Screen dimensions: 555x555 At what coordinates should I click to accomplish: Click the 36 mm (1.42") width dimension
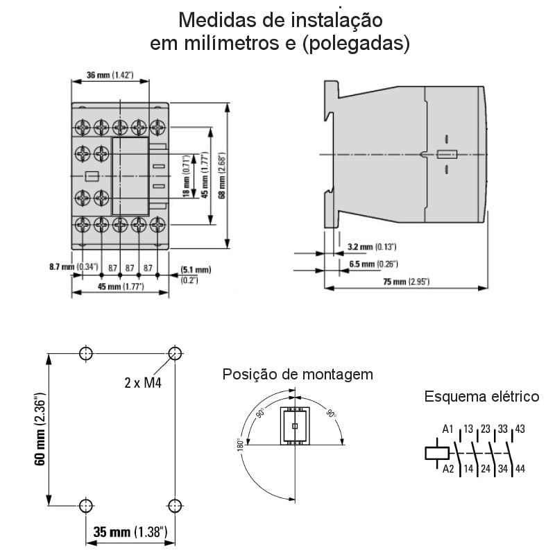110,74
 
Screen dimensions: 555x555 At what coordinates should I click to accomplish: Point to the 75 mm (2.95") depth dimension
405,282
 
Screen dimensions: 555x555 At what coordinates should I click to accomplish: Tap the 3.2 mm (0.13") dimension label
371,246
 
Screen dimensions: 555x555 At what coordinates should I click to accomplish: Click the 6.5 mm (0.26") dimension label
373,264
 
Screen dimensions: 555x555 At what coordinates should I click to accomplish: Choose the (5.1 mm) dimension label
195,269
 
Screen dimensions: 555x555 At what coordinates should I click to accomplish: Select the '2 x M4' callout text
144,382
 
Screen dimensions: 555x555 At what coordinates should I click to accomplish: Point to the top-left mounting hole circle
85,353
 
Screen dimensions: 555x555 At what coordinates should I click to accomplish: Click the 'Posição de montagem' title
297,375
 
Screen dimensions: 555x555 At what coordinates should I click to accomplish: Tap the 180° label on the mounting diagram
240,444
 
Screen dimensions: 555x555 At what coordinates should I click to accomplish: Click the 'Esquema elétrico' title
481,397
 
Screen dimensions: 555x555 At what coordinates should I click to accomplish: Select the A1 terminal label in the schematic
447,429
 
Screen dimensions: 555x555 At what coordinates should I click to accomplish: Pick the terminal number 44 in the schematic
520,469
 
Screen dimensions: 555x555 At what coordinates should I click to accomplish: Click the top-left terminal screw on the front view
83,127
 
